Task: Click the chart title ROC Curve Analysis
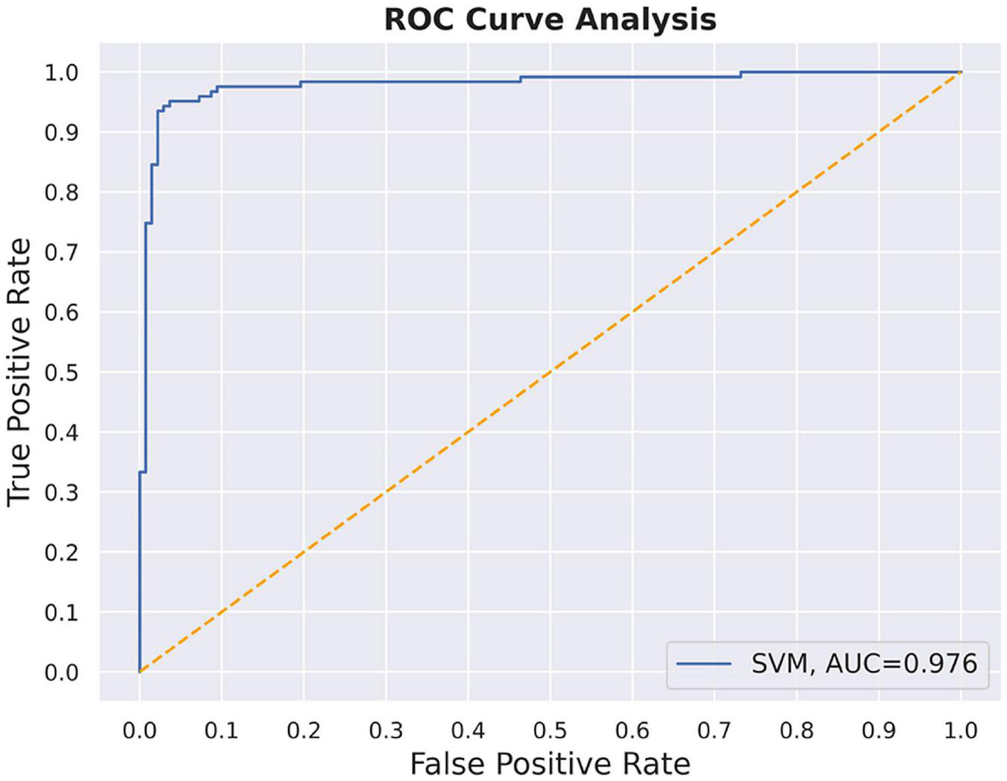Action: [x=550, y=19]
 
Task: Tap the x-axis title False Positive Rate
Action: [x=550, y=763]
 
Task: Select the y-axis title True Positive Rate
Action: [x=19, y=371]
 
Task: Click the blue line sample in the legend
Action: [x=703, y=663]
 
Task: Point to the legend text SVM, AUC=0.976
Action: [x=863, y=663]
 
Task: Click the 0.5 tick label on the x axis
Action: [x=550, y=730]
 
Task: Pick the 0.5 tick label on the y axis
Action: [x=61, y=372]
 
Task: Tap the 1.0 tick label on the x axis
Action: [x=961, y=730]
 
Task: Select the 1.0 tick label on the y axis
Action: [x=61, y=72]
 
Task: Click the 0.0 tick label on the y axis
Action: [x=61, y=673]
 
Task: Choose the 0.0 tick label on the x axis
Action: [x=139, y=730]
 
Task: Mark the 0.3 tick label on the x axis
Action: [x=386, y=730]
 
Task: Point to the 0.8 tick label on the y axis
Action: [x=61, y=192]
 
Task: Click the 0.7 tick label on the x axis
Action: [x=714, y=730]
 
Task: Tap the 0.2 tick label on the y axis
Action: [x=61, y=553]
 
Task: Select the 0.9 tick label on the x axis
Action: [x=879, y=730]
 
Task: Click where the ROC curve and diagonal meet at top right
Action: [x=961, y=72]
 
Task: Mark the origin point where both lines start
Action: [x=139, y=672]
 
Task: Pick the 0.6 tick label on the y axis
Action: [x=61, y=313]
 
